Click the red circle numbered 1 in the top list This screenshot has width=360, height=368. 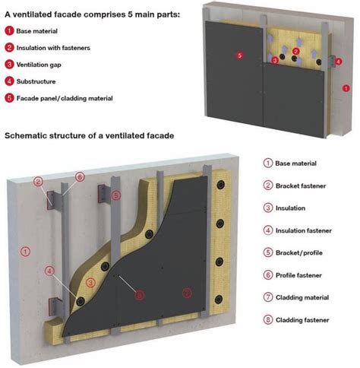9,31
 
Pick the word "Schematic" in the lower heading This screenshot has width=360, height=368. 27,135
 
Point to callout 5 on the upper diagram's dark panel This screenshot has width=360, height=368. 238,55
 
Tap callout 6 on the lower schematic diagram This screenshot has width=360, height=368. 80,176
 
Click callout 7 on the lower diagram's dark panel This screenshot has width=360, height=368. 185,292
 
